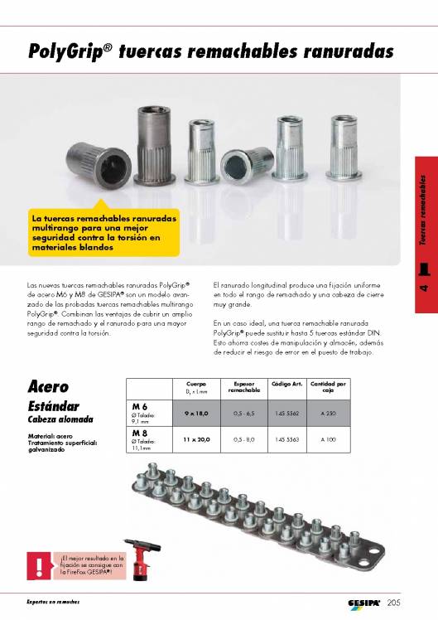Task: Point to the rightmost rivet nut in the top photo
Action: [x=344, y=139]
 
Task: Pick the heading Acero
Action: [x=48, y=387]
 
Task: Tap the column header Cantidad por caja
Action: [x=329, y=388]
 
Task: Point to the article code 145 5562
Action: [x=286, y=412]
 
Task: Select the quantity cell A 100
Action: [x=329, y=438]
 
